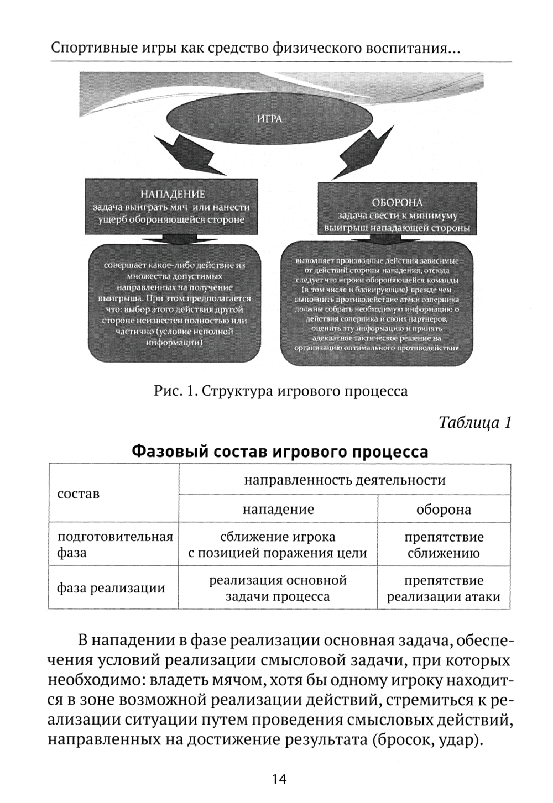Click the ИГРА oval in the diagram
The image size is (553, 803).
coord(269,118)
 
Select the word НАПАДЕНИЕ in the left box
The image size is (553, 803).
coord(172,194)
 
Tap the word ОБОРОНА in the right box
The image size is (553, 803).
coord(398,203)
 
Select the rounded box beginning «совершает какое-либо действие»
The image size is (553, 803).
coord(174,304)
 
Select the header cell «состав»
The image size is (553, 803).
coord(79,494)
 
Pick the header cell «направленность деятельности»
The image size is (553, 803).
coord(345,480)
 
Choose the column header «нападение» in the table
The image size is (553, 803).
coord(278,509)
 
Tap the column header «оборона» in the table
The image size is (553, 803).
coord(444,509)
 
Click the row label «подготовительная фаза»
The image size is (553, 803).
coord(114,544)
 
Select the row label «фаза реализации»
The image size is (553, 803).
coord(111,587)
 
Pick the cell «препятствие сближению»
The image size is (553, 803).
coord(444,544)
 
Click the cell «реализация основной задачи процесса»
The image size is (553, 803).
coord(278,588)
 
